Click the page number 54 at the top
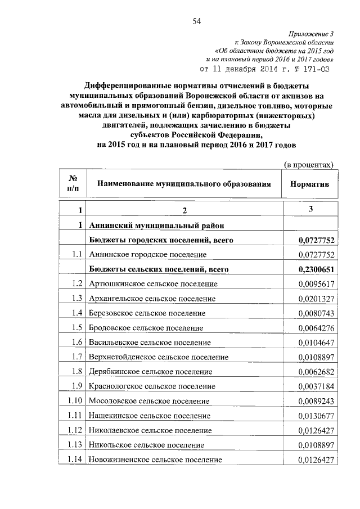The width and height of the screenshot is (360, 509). pyautogui.click(x=197, y=22)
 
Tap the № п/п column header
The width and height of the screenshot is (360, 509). pyautogui.click(x=73, y=183)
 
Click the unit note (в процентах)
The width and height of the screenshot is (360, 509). pyautogui.click(x=308, y=164)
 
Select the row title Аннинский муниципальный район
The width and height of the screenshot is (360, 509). pyautogui.click(x=156, y=226)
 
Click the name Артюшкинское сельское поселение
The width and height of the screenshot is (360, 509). pyautogui.click(x=152, y=284)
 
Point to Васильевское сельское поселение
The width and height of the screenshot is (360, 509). pyautogui.click(x=152, y=343)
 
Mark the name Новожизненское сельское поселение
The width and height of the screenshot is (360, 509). pyautogui.click(x=155, y=460)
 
